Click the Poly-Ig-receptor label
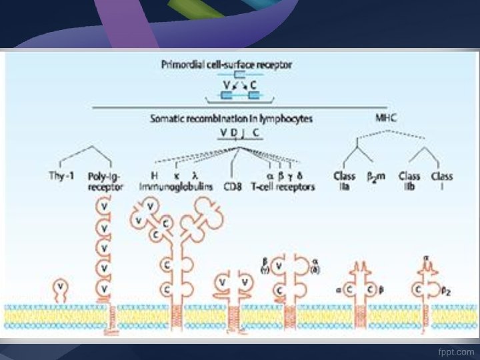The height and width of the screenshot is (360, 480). tap(105, 181)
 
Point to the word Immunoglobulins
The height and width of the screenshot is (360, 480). tap(176, 187)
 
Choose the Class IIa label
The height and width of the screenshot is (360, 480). tap(344, 181)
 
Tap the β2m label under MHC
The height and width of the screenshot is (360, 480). tap(377, 177)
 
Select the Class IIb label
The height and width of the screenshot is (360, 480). tap(409, 181)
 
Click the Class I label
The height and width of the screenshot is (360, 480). tap(441, 181)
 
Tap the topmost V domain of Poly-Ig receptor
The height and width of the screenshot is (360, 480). tap(105, 207)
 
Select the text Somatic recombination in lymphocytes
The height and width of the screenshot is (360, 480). tap(231, 118)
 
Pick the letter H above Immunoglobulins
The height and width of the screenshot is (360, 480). tap(154, 176)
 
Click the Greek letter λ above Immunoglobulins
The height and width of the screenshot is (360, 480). tap(195, 176)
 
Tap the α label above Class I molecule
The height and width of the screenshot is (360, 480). tap(425, 257)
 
